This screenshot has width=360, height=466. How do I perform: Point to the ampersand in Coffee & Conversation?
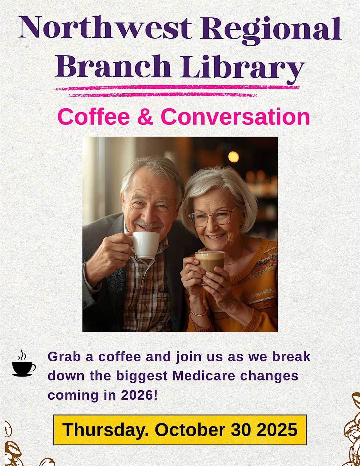[x=145, y=117]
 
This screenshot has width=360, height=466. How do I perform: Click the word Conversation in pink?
[x=235, y=117]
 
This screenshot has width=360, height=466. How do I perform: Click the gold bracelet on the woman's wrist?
[x=199, y=314]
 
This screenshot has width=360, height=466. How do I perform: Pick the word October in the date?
[x=190, y=430]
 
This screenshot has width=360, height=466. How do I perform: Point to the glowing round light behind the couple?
[x=233, y=157]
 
